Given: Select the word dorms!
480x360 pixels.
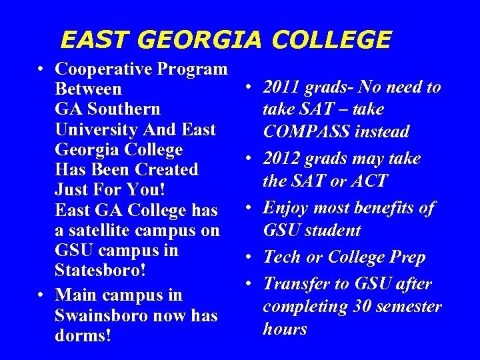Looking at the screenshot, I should tap(83, 335).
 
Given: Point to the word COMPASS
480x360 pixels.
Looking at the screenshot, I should tap(305, 131).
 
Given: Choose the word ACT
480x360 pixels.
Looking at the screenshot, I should tap(371, 181).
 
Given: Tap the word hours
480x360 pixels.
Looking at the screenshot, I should tap(285, 329).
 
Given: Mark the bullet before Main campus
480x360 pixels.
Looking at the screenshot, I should tap(42, 295).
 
